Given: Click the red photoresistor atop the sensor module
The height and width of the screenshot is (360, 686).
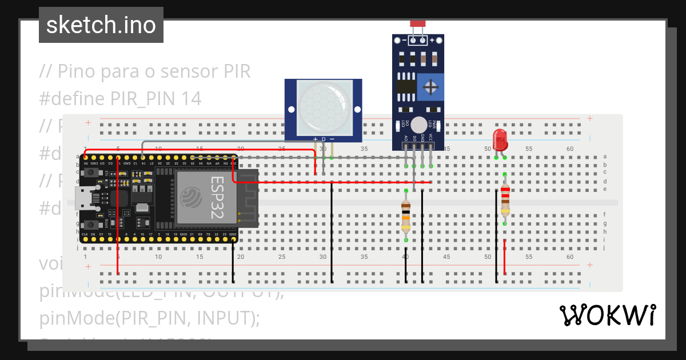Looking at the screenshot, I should point(418,23).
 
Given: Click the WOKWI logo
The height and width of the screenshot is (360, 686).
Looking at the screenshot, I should point(607,315).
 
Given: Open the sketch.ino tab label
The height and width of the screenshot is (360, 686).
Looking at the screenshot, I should point(101,25).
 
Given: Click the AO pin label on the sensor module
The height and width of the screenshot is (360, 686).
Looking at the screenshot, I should point(405,138).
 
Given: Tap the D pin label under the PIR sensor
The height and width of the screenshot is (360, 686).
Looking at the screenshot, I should point(323,139).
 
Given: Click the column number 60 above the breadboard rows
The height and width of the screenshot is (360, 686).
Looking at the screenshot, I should point(569,149).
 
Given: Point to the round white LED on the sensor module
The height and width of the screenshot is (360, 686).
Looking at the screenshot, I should point(419,125).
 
